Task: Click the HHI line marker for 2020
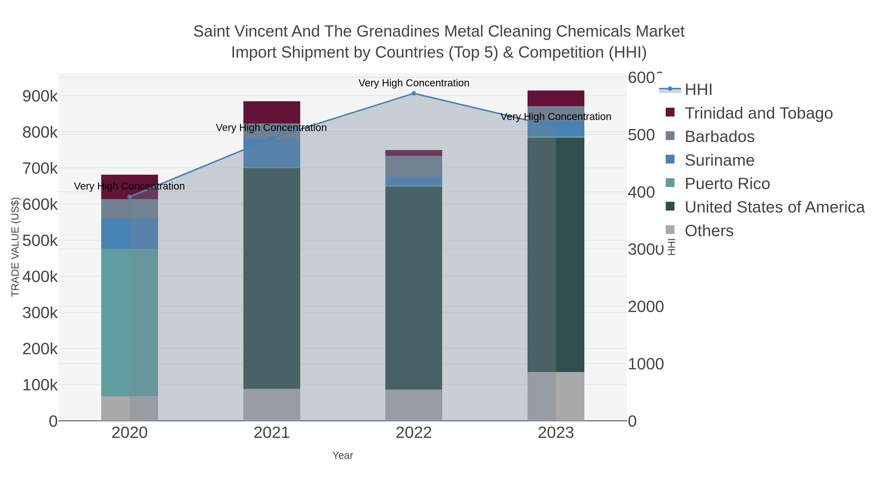(130, 197)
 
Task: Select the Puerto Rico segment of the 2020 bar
(130, 322)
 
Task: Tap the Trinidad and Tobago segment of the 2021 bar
(272, 112)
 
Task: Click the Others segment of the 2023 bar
(556, 396)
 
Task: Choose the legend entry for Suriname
(719, 160)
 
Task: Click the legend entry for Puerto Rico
(727, 184)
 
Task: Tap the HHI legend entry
(698, 90)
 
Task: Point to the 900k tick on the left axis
(40, 96)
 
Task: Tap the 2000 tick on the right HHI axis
(646, 307)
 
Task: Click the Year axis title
(343, 455)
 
